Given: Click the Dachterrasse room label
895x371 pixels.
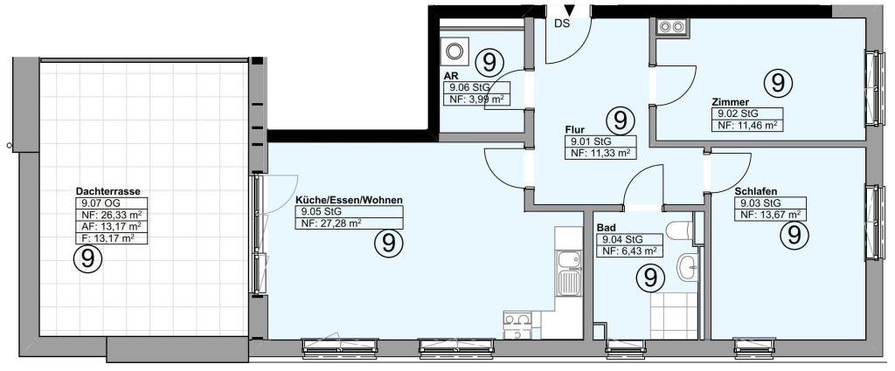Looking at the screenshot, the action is click(108, 192).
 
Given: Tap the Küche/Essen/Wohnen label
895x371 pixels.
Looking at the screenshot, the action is click(349, 200).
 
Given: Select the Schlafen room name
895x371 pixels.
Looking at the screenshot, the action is click(756, 191).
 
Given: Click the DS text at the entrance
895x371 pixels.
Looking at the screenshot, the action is click(563, 24).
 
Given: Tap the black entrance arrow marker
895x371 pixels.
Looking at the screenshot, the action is click(570, 10).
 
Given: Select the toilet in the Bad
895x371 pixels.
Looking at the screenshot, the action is click(679, 230).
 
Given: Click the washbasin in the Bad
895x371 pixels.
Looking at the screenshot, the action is click(687, 267).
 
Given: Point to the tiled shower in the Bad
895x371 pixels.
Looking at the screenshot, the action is click(674, 316).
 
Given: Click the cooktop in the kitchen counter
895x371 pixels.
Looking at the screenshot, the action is click(517, 325).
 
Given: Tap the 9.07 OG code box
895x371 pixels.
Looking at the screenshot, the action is click(111, 203).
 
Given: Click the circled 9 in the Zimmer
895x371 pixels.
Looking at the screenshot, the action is click(778, 83).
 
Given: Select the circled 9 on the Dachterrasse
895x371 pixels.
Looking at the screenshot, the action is click(87, 259).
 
